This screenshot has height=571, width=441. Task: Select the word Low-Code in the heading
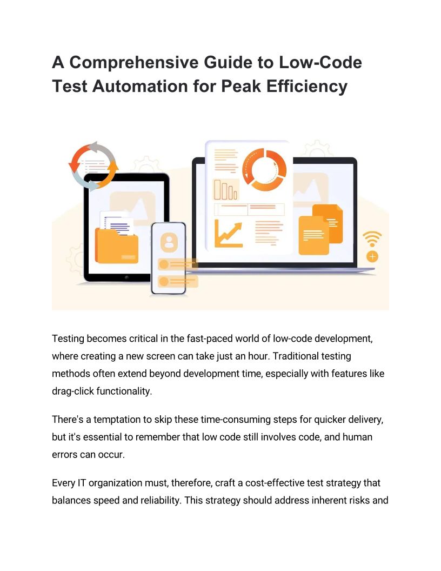click(320, 62)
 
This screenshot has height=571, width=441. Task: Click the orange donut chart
click(264, 170)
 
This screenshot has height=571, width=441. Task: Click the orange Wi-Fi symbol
click(372, 239)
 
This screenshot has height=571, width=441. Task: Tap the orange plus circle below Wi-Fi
click(372, 257)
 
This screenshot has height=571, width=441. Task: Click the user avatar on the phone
click(169, 242)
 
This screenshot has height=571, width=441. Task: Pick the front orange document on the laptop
click(313, 235)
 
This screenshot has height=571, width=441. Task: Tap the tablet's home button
click(126, 277)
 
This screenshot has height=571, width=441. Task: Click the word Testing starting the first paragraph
click(68, 339)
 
